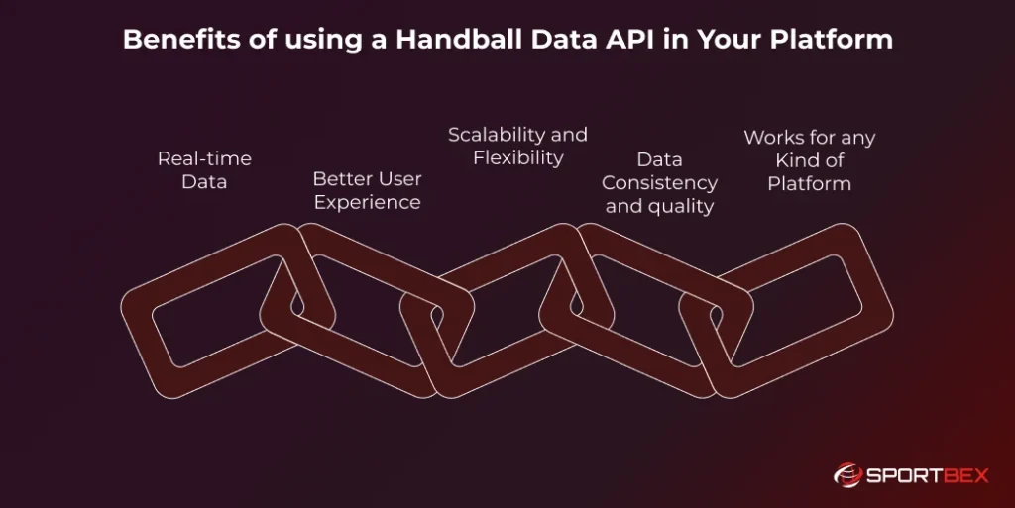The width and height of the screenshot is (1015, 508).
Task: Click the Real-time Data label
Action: coord(204,170)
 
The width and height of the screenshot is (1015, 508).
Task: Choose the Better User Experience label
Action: coord(367,190)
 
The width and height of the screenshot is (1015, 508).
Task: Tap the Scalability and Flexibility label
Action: coord(517,146)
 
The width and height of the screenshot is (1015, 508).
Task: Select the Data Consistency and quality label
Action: coord(659,182)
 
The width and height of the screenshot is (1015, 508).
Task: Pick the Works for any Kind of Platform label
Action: coord(809,160)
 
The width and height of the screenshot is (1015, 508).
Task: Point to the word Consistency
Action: coord(659,183)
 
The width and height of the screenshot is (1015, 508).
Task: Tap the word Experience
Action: coord(367,202)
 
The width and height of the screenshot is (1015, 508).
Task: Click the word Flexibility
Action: coord(517,157)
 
